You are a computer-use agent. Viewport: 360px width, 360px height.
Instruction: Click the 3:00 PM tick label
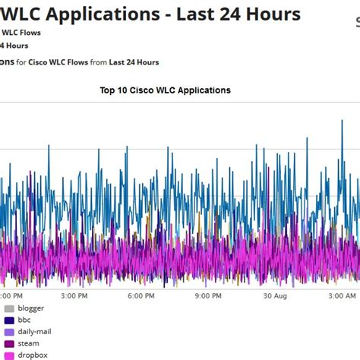[80, 295]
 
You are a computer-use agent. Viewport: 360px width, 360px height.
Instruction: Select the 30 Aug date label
[274, 295]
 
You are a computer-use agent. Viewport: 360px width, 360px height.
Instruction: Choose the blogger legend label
[32, 308]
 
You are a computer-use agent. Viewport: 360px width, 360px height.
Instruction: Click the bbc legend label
[26, 320]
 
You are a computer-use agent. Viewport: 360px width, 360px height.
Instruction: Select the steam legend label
[30, 343]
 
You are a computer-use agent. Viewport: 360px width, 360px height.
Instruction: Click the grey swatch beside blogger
[9, 308]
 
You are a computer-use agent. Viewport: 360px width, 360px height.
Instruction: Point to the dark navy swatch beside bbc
[9, 320]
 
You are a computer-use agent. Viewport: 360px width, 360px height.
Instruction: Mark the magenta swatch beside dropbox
[9, 355]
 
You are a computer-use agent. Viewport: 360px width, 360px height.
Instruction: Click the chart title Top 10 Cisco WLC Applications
[165, 90]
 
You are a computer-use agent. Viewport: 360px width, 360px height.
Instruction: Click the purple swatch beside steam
[9, 343]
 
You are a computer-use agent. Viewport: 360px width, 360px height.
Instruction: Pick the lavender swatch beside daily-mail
[9, 332]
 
